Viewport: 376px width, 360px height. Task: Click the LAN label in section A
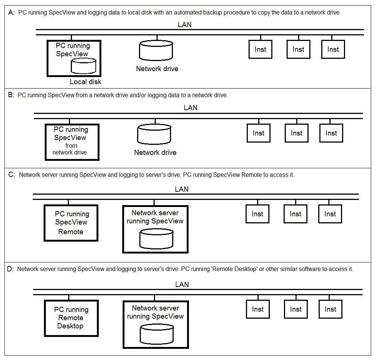185,25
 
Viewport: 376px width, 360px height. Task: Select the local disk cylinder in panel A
83,66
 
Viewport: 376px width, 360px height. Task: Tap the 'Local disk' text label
85,82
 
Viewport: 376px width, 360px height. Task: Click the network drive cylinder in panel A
156,51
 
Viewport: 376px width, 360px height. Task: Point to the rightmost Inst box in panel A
333,49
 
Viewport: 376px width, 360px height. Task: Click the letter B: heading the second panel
11,95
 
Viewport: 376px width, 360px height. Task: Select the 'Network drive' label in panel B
155,152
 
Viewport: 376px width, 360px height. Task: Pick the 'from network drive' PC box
72,142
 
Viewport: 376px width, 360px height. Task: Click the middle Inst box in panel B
296,133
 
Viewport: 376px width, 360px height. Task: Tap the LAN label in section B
190,108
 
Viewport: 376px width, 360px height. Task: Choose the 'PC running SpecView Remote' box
71,223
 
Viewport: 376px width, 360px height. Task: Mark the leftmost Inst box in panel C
257,214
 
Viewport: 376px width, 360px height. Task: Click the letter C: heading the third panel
12,175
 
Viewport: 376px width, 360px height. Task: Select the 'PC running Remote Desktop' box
71,318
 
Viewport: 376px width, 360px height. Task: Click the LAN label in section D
182,284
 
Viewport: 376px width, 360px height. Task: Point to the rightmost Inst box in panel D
330,309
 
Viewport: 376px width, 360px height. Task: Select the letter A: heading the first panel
11,12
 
